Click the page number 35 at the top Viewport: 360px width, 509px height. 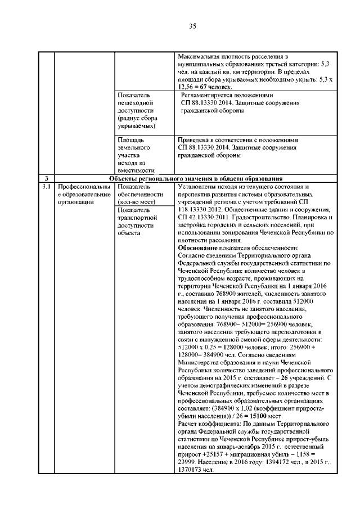tap(192, 26)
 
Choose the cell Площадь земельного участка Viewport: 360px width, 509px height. tap(137, 154)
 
